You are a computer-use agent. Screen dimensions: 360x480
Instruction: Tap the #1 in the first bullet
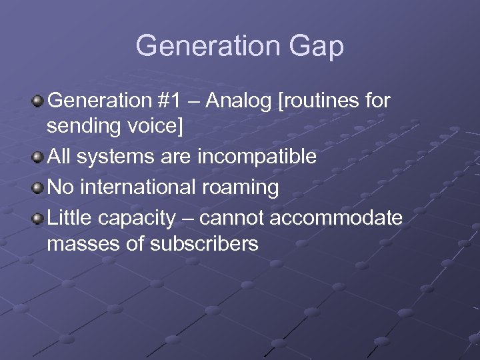(173, 101)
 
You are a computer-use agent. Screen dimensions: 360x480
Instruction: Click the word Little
(69, 218)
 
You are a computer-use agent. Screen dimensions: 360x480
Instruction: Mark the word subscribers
(205, 244)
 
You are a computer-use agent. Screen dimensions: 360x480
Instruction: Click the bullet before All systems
(38, 158)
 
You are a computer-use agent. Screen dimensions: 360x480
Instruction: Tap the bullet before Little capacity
(38, 219)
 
